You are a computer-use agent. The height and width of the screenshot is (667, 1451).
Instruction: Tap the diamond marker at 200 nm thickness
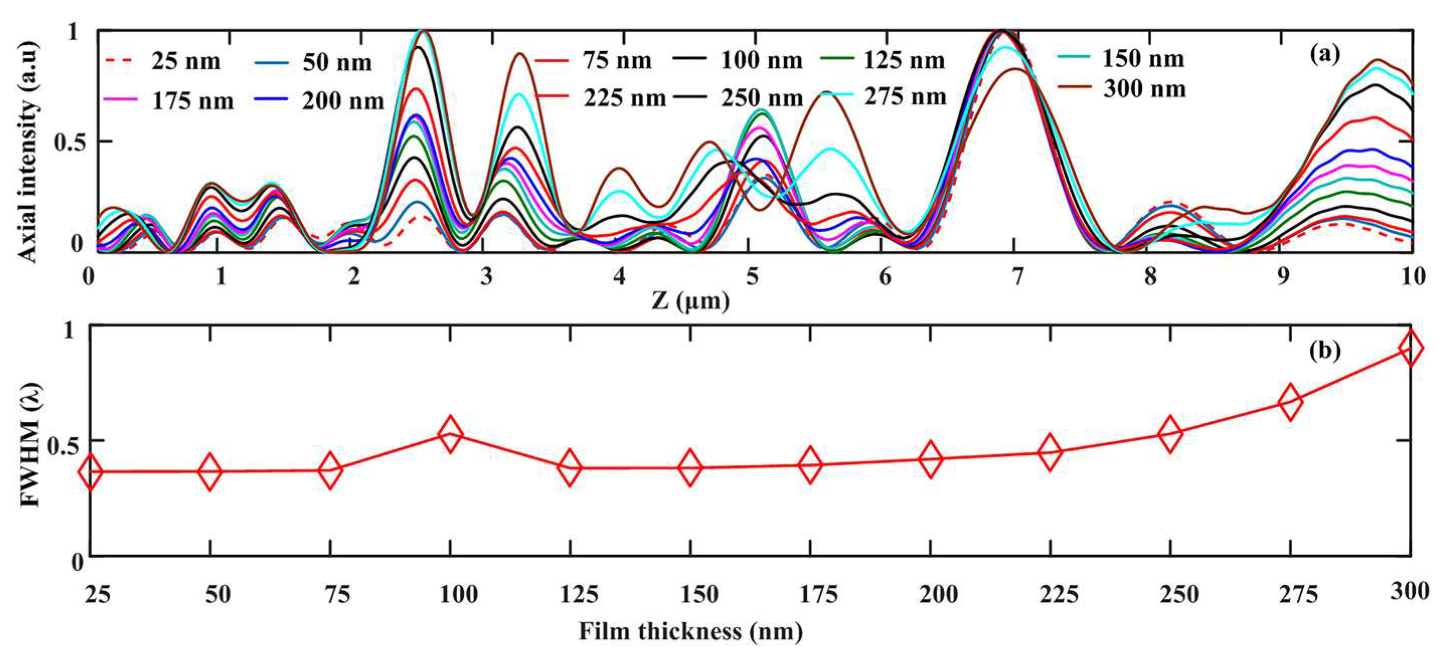[930, 459]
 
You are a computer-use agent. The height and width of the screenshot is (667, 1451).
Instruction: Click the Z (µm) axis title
[691, 301]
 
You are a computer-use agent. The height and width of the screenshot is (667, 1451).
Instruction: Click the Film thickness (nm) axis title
[691, 631]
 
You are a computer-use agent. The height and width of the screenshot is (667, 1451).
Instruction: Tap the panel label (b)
[1324, 350]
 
